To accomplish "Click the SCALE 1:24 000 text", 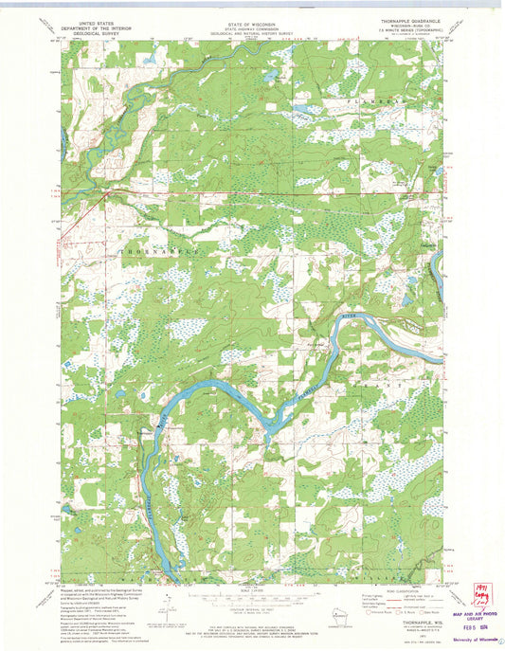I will pyautogui.click(x=251, y=592).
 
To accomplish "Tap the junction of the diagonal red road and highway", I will pyautogui.click(x=107, y=193).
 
